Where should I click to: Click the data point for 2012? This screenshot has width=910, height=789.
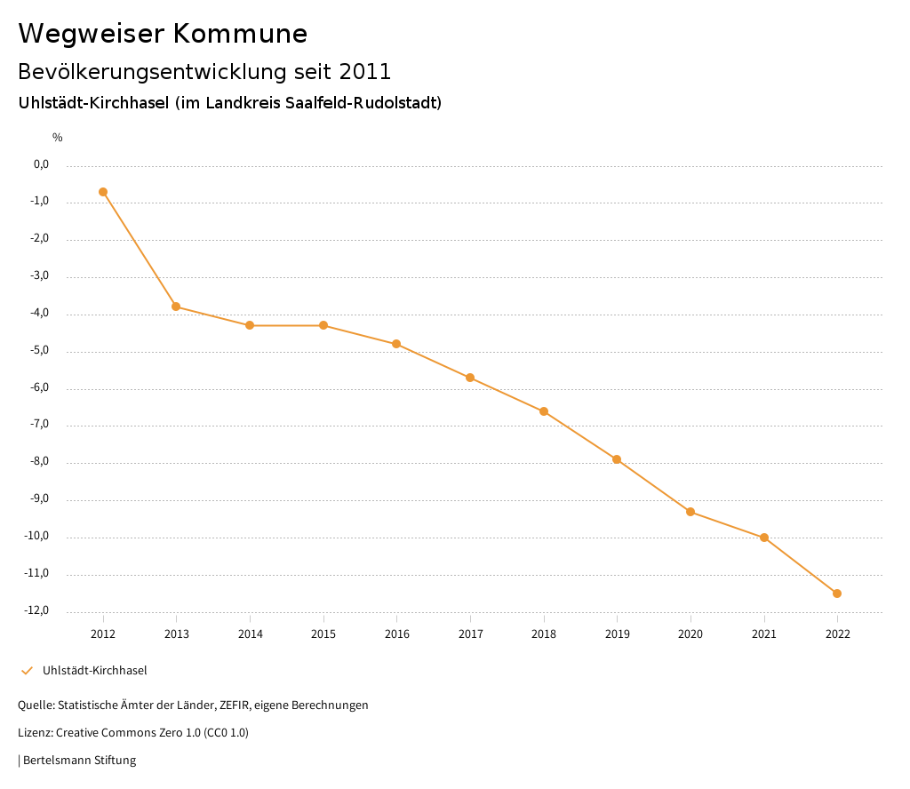103,192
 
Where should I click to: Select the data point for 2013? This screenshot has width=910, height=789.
176,307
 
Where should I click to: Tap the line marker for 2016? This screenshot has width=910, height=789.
396,344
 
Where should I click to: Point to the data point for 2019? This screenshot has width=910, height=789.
617,459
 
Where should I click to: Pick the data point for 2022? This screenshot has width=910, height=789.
837,594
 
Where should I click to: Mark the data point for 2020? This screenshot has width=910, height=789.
690,512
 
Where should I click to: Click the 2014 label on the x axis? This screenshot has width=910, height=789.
250,634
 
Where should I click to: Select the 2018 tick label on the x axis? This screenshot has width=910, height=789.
544,634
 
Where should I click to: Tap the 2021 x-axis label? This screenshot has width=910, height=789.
764,634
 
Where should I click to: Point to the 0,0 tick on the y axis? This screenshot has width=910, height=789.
41,164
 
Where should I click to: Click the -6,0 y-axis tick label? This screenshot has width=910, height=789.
39,387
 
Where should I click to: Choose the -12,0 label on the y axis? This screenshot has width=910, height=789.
36,610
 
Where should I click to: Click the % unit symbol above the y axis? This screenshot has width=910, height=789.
57,138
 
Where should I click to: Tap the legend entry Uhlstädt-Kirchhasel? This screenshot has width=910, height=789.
95,671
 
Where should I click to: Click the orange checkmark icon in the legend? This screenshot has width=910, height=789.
27,671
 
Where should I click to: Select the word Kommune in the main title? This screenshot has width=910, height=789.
240,34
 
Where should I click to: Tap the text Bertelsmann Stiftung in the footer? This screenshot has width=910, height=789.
79,761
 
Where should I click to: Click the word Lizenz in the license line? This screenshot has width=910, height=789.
35,733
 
